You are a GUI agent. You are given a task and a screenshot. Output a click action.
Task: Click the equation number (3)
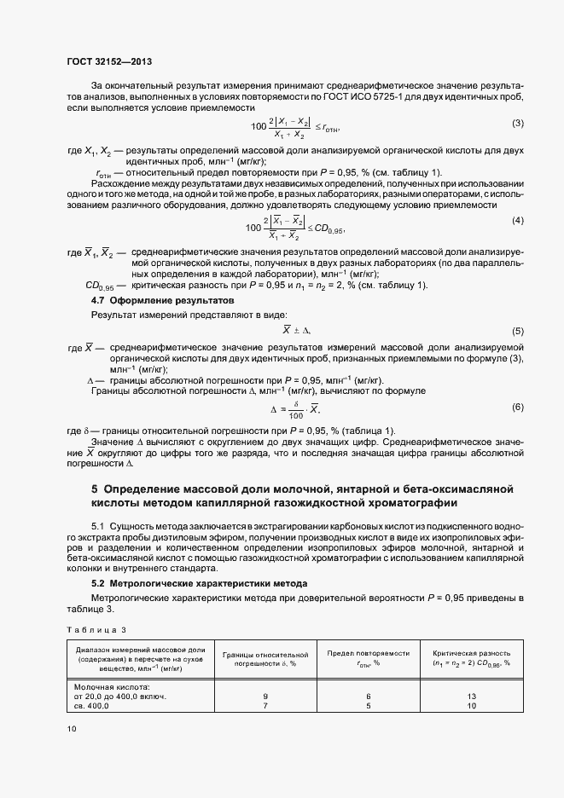point(517,123)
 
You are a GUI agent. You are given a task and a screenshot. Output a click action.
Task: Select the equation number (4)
point(517,221)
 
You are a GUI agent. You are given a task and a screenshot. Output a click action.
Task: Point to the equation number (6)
point(517,407)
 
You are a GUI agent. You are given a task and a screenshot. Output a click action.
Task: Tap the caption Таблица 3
point(96,629)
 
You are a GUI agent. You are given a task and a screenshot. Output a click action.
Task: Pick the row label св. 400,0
point(92,707)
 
